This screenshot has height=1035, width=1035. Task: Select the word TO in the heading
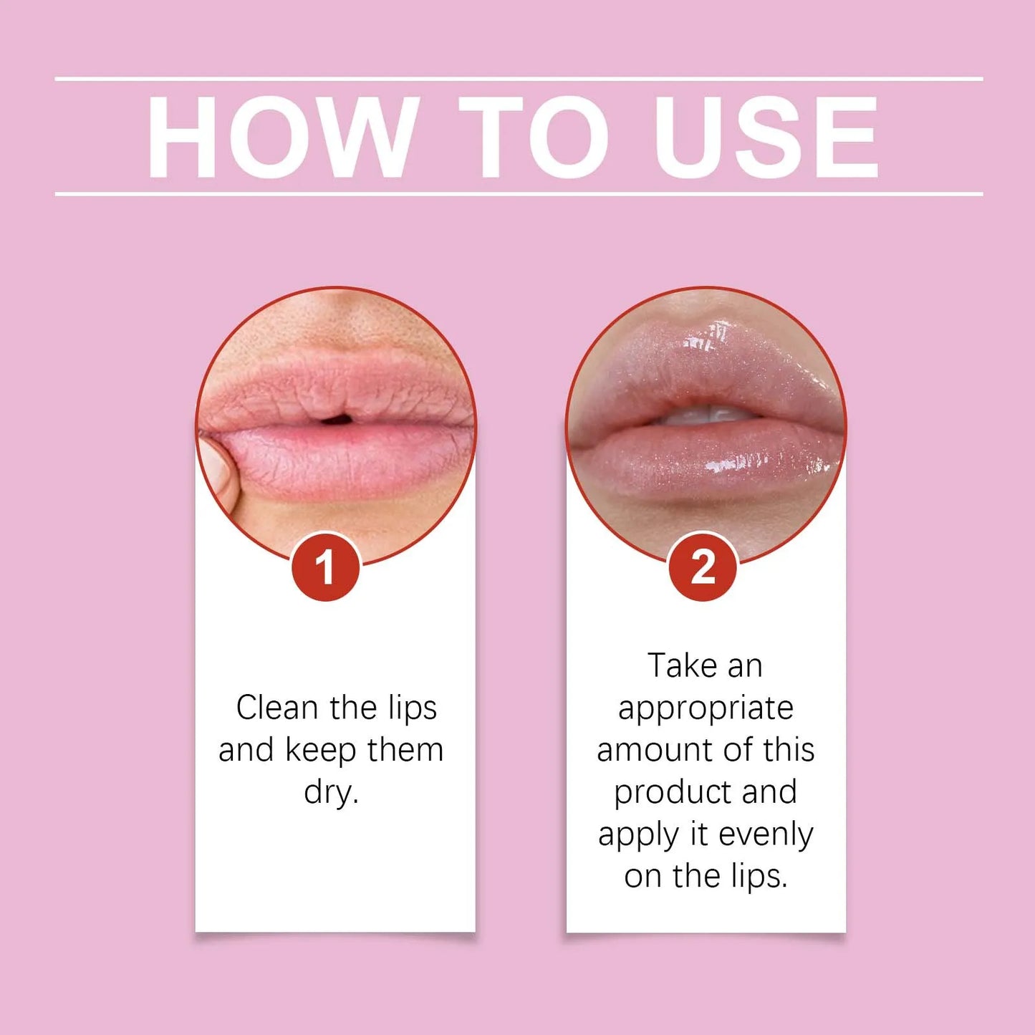534,136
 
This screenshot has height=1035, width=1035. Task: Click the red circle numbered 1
325,567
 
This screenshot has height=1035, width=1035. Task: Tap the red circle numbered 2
702,567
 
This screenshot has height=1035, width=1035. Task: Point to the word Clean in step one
277,708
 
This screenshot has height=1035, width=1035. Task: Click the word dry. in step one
331,792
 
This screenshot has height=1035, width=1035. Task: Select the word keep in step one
320,751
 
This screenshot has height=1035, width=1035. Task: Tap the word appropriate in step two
706,708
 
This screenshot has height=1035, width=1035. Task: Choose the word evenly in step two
766,834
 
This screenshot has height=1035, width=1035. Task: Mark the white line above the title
519,78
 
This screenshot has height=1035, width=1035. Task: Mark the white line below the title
519,193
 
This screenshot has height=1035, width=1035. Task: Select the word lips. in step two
759,876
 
